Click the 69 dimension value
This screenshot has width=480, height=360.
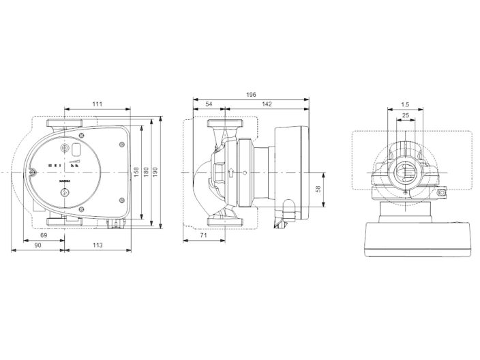pyautogui.click(x=44, y=235)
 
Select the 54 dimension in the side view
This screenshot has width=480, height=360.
pyautogui.click(x=208, y=104)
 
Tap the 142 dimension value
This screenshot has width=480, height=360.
pyautogui.click(x=267, y=104)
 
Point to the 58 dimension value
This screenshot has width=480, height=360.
pyautogui.click(x=318, y=189)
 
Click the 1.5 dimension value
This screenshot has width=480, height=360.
pyautogui.click(x=405, y=104)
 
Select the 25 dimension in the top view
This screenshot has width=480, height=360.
pyautogui.click(x=405, y=115)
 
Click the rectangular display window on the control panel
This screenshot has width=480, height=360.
pyautogui.click(x=78, y=150)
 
